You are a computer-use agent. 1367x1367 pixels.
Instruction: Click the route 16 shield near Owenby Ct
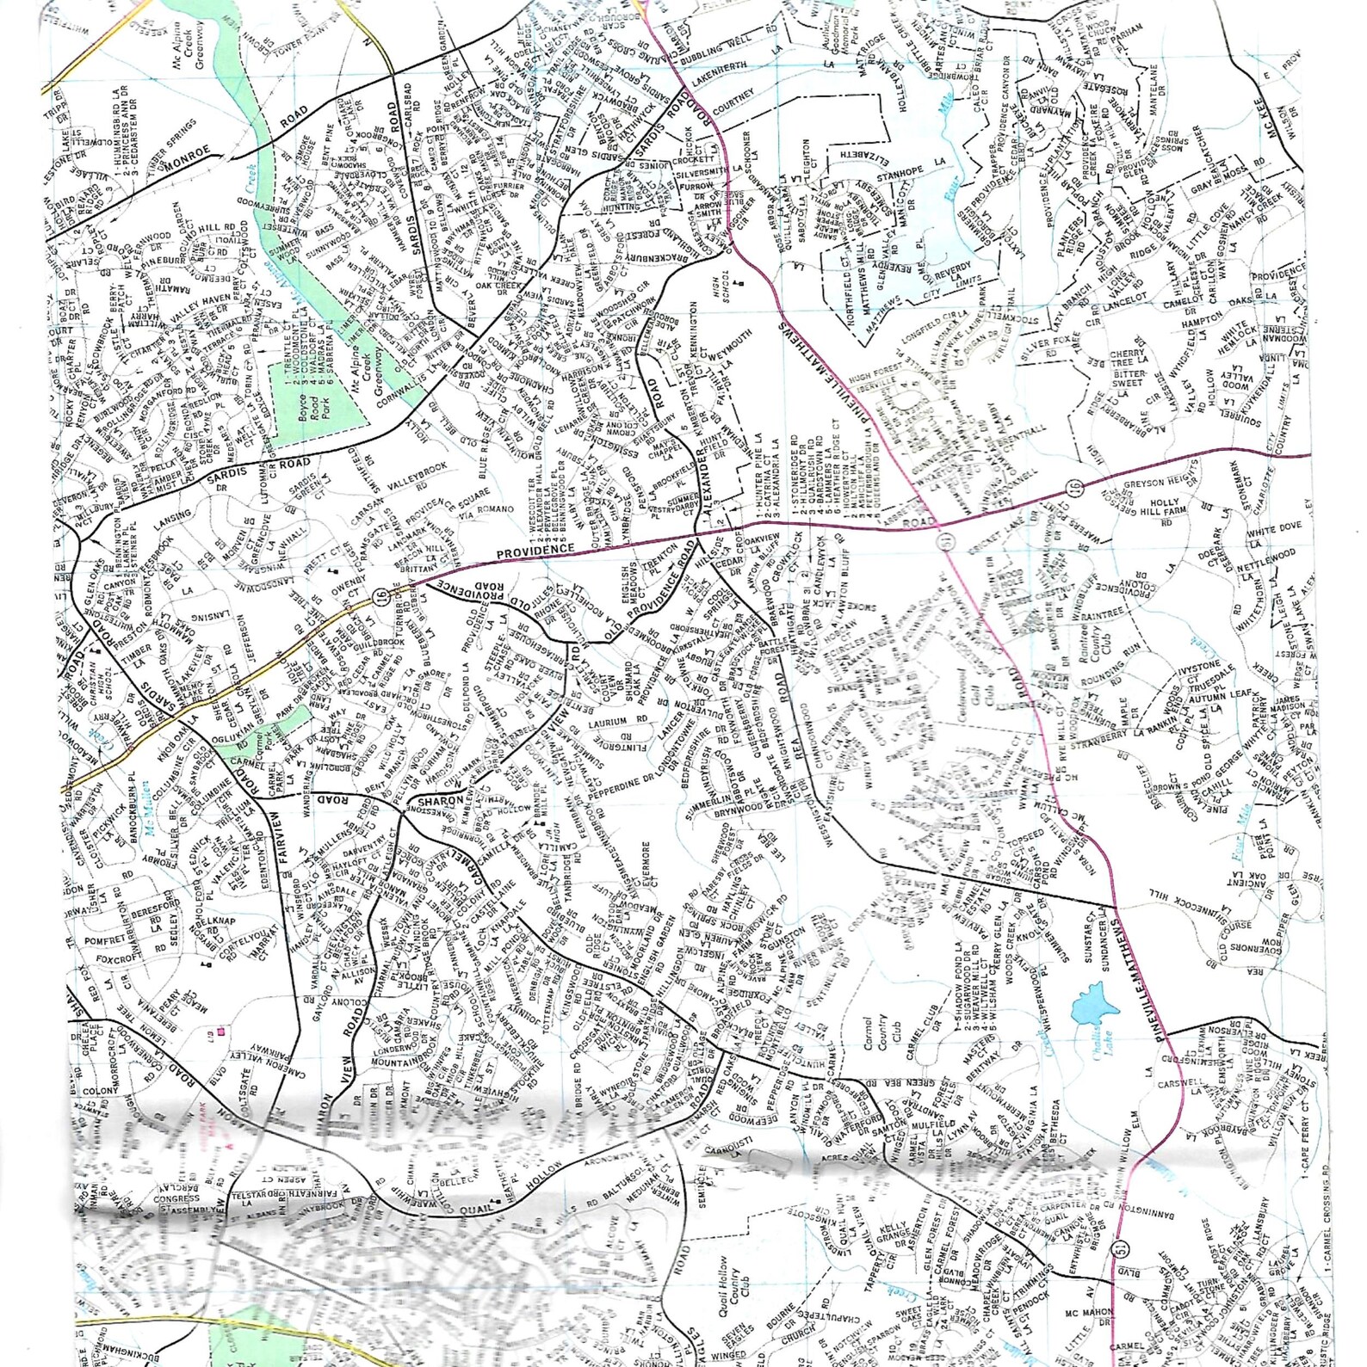(x=380, y=596)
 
